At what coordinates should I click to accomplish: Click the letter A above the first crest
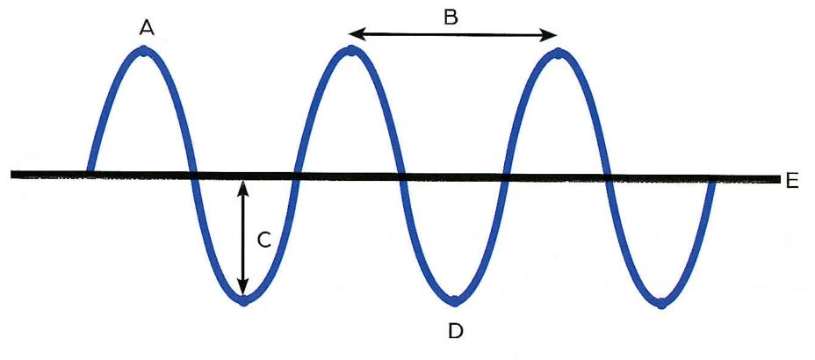click(x=147, y=28)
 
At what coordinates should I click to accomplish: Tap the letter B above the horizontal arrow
click(x=451, y=18)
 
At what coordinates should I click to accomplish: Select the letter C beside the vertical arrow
click(x=264, y=240)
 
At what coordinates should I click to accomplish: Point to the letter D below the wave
click(x=455, y=330)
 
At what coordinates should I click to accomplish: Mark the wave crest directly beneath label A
click(x=144, y=51)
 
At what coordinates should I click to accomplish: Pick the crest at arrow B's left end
click(x=351, y=51)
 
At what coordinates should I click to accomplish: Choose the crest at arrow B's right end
click(x=558, y=52)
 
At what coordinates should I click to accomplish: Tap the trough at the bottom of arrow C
click(x=244, y=300)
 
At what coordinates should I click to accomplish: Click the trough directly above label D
click(x=454, y=299)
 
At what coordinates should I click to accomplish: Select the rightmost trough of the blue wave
click(x=660, y=303)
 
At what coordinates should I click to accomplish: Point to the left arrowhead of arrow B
click(x=355, y=35)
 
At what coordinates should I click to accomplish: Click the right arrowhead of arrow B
click(x=551, y=35)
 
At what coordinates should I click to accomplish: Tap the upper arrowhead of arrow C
click(x=242, y=186)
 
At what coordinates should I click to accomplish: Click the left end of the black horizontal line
click(x=11, y=174)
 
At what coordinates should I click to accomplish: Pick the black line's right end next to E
click(x=779, y=179)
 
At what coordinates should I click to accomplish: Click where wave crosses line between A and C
click(x=194, y=175)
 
